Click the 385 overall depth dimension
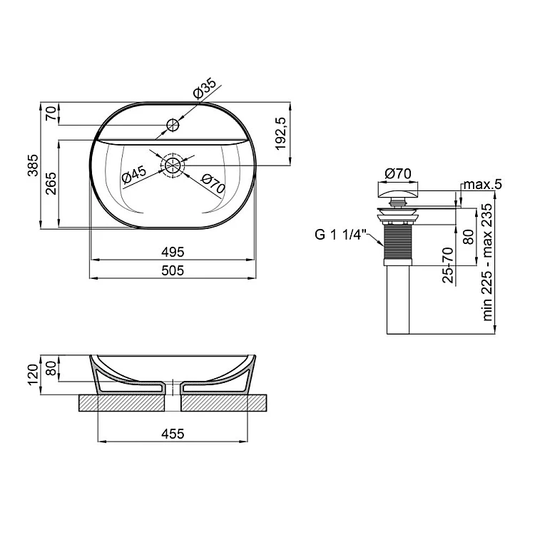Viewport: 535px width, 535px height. coord(33,165)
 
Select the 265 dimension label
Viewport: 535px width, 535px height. coord(51,183)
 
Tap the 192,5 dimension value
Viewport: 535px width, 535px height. coord(281,133)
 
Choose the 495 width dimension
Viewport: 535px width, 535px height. coord(173,252)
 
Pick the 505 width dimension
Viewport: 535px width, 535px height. coord(173,270)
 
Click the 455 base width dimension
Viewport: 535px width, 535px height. coord(173,434)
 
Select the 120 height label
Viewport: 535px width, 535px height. coord(33,374)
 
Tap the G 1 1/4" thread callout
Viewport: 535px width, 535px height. coord(340,235)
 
